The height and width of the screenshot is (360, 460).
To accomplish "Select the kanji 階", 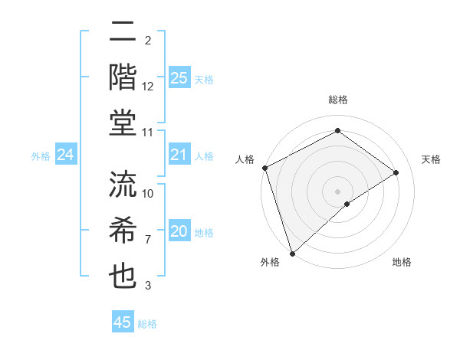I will tap(123, 77).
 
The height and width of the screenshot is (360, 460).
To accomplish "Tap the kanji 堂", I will tap(123, 123).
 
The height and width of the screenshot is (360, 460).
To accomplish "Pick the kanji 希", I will tap(123, 229).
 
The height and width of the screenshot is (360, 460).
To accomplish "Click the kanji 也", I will tap(123, 276).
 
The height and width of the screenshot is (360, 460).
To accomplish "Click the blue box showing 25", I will tap(179, 77).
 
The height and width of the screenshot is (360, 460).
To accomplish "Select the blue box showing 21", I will tap(179, 155).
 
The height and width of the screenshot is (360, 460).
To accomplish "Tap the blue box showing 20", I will tap(179, 232).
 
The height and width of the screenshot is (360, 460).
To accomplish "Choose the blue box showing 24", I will tap(66, 155).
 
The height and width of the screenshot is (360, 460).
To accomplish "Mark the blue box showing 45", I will tap(123, 322).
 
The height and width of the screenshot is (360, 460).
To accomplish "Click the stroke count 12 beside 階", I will tap(148, 87).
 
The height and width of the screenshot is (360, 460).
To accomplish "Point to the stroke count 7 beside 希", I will tap(148, 240).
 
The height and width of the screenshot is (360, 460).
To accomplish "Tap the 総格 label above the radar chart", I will tap(337, 100).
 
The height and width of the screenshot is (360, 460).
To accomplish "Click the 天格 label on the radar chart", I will tap(431, 159).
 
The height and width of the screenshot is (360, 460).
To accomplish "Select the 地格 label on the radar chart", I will tap(402, 262).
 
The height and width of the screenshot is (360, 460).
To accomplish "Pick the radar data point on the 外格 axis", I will tap(292, 253).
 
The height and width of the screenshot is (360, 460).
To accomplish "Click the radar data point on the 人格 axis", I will tap(264, 168).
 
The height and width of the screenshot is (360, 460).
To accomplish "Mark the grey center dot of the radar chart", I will tap(337, 191).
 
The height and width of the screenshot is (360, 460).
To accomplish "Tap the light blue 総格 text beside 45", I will tap(147, 324).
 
